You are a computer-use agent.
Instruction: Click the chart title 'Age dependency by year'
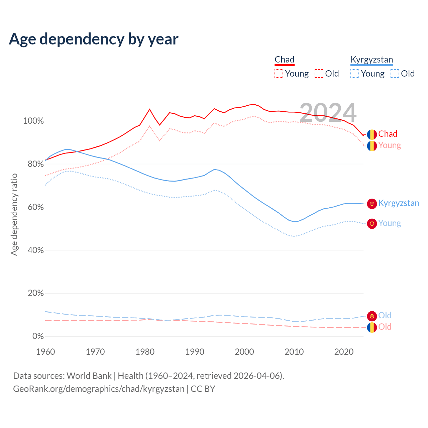click(x=94, y=39)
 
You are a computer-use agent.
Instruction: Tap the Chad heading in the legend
click(x=285, y=60)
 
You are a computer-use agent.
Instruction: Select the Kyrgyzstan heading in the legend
click(x=371, y=60)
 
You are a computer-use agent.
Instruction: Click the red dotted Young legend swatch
click(x=279, y=74)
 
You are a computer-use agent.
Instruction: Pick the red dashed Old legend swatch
click(x=319, y=74)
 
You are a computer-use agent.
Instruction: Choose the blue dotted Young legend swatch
click(x=355, y=74)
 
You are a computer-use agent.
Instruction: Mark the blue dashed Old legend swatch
click(x=395, y=74)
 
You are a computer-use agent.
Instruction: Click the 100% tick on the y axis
click(x=33, y=121)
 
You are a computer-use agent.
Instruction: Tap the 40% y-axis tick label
click(x=35, y=250)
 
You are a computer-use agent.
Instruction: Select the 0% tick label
click(x=38, y=336)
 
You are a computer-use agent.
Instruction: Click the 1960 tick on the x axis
click(x=45, y=352)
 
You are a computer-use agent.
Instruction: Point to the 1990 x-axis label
click(x=195, y=352)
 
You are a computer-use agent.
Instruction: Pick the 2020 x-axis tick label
click(x=344, y=352)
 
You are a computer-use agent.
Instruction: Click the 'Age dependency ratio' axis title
click(x=14, y=214)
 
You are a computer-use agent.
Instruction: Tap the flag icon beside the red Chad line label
click(x=372, y=134)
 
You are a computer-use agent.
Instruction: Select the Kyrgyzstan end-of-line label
click(x=399, y=203)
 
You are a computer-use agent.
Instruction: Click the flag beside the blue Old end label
click(x=372, y=316)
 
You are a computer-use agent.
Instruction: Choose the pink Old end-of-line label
click(x=385, y=327)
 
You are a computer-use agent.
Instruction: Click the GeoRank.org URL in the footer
click(x=99, y=389)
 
